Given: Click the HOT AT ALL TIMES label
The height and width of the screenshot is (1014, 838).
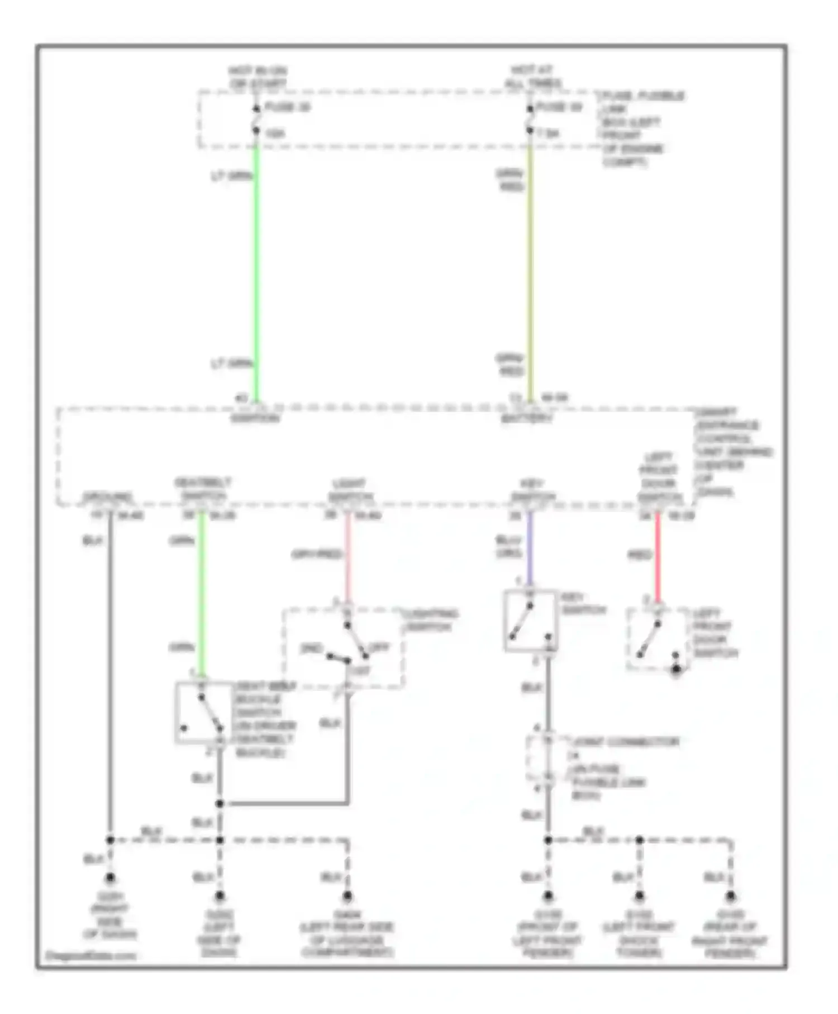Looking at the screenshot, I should pos(532,77).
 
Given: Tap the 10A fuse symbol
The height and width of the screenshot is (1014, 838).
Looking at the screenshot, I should pos(256,120).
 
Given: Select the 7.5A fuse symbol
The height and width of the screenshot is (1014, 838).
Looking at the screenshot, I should pos(530,120).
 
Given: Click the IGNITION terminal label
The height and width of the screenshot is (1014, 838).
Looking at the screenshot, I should pos(255,418).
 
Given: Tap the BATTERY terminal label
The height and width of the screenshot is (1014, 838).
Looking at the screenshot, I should pos(527,418).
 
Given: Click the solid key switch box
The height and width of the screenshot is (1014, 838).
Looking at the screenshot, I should pos(531,620).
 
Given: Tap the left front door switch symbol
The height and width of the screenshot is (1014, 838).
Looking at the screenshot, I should pos(656,639).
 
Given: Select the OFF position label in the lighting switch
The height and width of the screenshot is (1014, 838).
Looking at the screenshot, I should pos(379,647).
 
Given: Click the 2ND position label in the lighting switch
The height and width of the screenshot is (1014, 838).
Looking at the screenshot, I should pos(311,648).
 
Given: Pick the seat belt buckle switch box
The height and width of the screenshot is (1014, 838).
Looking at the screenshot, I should pos(203,713).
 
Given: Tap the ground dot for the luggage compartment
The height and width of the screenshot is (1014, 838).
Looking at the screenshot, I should pos(347,896).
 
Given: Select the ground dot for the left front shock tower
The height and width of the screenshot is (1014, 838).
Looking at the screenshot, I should pos(639,896).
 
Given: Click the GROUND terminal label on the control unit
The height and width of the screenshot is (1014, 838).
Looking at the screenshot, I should pos(108,496).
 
